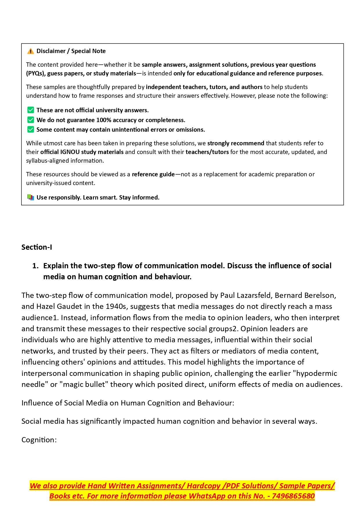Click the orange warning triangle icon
pos(30,51)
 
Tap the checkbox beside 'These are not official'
pos(30,110)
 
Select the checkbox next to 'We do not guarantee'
pos(30,120)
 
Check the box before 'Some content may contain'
pos(30,130)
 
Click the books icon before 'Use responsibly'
pos(30,198)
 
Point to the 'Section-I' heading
pos(37,247)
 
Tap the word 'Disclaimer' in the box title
pos(51,51)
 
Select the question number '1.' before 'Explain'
pos(35,266)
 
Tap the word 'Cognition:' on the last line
pos(39,440)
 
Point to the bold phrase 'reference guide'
pos(153,174)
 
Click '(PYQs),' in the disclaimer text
pos(36,73)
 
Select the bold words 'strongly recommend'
pos(236,143)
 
